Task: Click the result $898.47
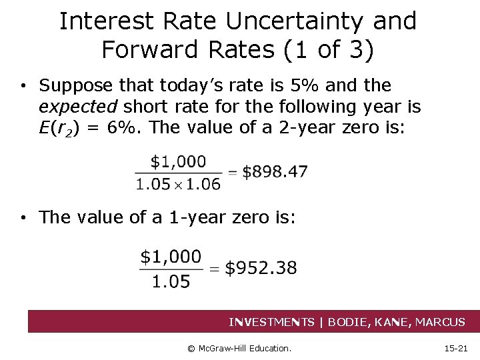click(x=275, y=171)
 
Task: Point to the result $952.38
click(x=261, y=268)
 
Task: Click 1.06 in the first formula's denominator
click(x=204, y=183)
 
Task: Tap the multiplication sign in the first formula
click(x=179, y=183)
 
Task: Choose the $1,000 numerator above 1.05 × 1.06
click(x=178, y=161)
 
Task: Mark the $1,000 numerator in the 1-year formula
click(x=171, y=257)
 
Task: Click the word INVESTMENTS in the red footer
click(x=271, y=322)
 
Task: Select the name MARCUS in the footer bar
click(x=440, y=322)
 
